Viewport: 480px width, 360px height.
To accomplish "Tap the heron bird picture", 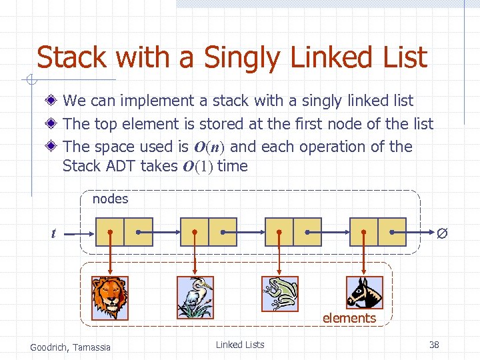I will (195, 297).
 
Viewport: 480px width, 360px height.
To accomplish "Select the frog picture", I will (279, 294).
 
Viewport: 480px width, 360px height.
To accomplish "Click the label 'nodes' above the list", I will (110, 199).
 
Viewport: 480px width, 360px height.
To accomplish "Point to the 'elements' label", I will (349, 318).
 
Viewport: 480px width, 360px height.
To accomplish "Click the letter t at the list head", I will (53, 233).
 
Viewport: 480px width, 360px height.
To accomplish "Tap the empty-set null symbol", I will (441, 233).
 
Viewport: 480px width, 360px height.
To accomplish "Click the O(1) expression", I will (197, 167).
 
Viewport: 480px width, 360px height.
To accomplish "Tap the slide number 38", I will (434, 345).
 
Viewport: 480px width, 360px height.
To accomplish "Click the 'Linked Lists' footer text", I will (239, 345).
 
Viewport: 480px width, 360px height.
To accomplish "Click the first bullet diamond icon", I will (52, 101).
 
